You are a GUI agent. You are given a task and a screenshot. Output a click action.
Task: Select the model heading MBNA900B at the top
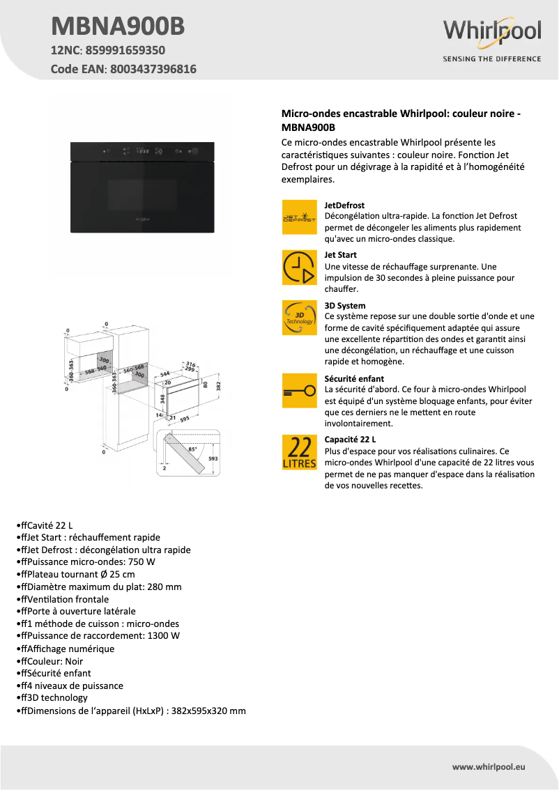tap(118, 26)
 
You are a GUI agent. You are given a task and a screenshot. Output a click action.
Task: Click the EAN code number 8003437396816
tap(153, 69)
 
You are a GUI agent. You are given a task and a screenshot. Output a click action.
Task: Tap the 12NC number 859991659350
tap(125, 50)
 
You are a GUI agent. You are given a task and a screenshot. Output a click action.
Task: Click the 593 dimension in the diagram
tap(213, 458)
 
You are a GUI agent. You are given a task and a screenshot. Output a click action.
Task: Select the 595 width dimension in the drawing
tap(185, 419)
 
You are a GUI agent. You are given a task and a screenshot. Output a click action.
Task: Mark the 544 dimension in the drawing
tap(165, 374)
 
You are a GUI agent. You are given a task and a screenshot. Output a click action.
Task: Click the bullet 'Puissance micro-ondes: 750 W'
tap(88, 562)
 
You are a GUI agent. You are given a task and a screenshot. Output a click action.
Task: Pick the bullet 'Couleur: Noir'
tap(52, 661)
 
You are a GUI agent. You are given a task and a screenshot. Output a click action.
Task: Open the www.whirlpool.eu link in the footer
tap(488, 766)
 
